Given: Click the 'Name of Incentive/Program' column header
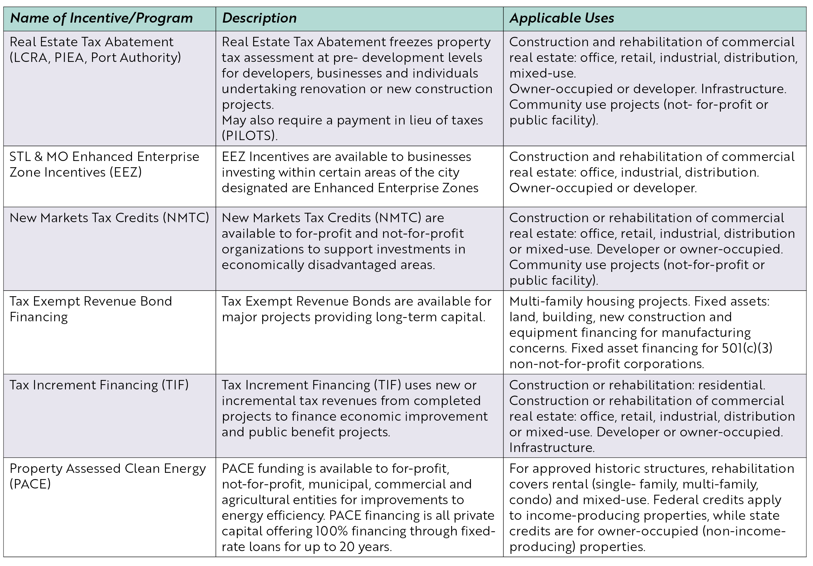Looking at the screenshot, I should click(101, 18).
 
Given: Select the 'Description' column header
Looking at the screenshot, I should click(259, 18).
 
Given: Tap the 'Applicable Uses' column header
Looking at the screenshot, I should click(562, 18).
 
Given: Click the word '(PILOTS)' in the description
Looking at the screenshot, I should click(250, 136).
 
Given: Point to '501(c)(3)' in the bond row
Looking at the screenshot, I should click(747, 348).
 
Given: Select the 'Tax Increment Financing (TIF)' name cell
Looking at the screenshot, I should click(99, 385).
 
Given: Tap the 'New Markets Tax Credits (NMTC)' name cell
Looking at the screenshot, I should click(109, 218).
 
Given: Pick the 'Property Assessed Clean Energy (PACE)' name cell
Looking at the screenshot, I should click(108, 476).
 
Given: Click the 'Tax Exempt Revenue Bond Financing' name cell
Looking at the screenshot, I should click(91, 309).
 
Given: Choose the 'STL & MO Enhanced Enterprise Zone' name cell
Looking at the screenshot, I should click(105, 164).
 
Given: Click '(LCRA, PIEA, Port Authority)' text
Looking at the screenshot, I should click(95, 58).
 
